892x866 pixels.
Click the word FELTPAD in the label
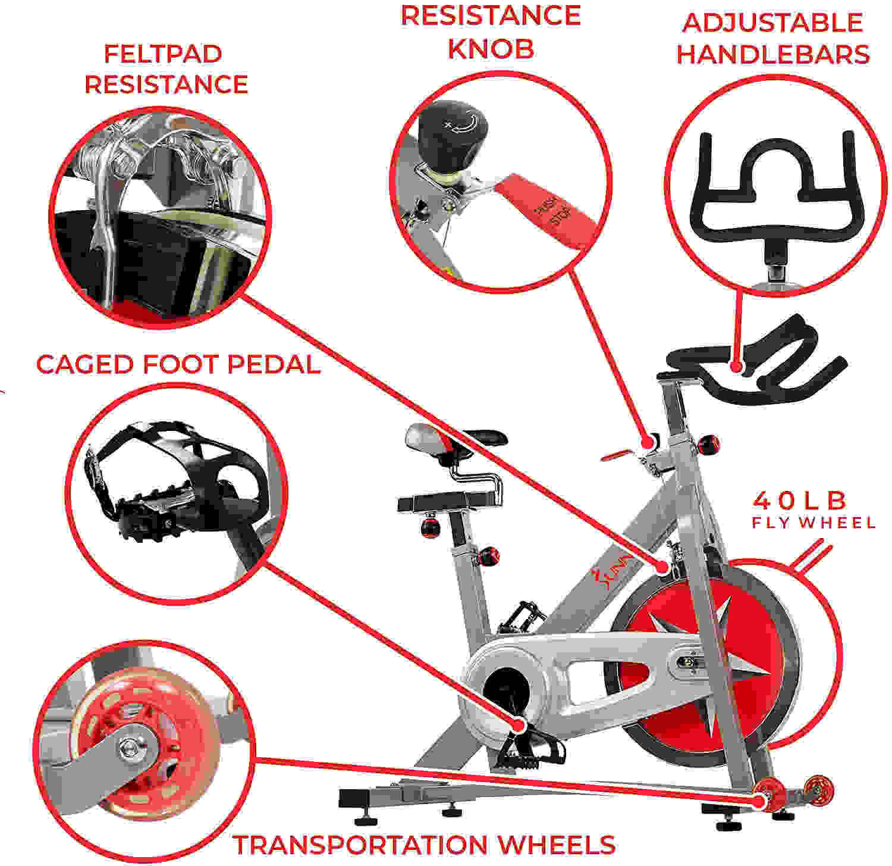click(163, 54)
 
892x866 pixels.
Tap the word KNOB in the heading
click(491, 49)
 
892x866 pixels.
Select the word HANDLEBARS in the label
click(773, 54)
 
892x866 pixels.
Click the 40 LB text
click(799, 501)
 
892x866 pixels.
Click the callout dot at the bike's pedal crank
click(519, 724)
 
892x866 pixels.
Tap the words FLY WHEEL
click(814, 523)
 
